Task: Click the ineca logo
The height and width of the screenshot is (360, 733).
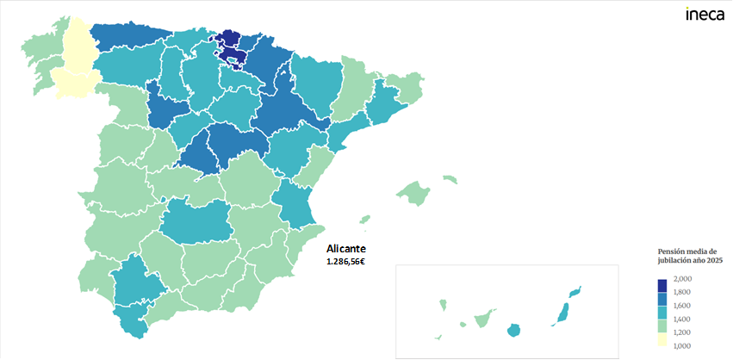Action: click(704, 14)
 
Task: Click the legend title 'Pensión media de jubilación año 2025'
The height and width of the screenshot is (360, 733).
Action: click(687, 255)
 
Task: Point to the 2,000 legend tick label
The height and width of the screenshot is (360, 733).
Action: click(682, 279)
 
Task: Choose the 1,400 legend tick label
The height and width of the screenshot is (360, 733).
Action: click(682, 319)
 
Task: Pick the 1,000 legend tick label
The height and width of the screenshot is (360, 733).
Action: click(682, 344)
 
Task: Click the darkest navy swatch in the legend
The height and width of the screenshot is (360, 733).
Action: click(662, 285)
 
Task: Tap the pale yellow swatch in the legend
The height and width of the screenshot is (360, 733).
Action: click(662, 339)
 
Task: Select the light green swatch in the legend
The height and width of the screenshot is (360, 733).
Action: click(662, 326)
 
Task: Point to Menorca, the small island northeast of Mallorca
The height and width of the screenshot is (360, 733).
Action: click(449, 179)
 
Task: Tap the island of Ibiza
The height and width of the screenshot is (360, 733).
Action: click(364, 220)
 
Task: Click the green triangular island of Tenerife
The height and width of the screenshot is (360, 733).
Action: click(483, 319)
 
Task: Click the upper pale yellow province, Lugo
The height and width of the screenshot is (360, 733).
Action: click(76, 43)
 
